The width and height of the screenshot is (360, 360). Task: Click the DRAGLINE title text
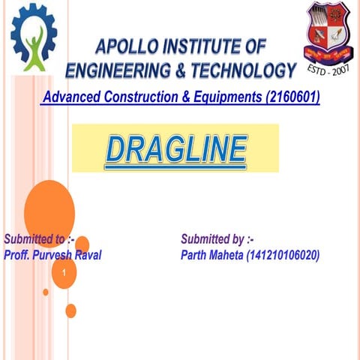click(175, 148)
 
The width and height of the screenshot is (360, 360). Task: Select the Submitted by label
click(217, 240)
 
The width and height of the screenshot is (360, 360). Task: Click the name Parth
click(196, 255)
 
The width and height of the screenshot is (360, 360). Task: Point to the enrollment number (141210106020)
click(277, 255)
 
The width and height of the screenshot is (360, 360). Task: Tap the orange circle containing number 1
click(65, 272)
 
